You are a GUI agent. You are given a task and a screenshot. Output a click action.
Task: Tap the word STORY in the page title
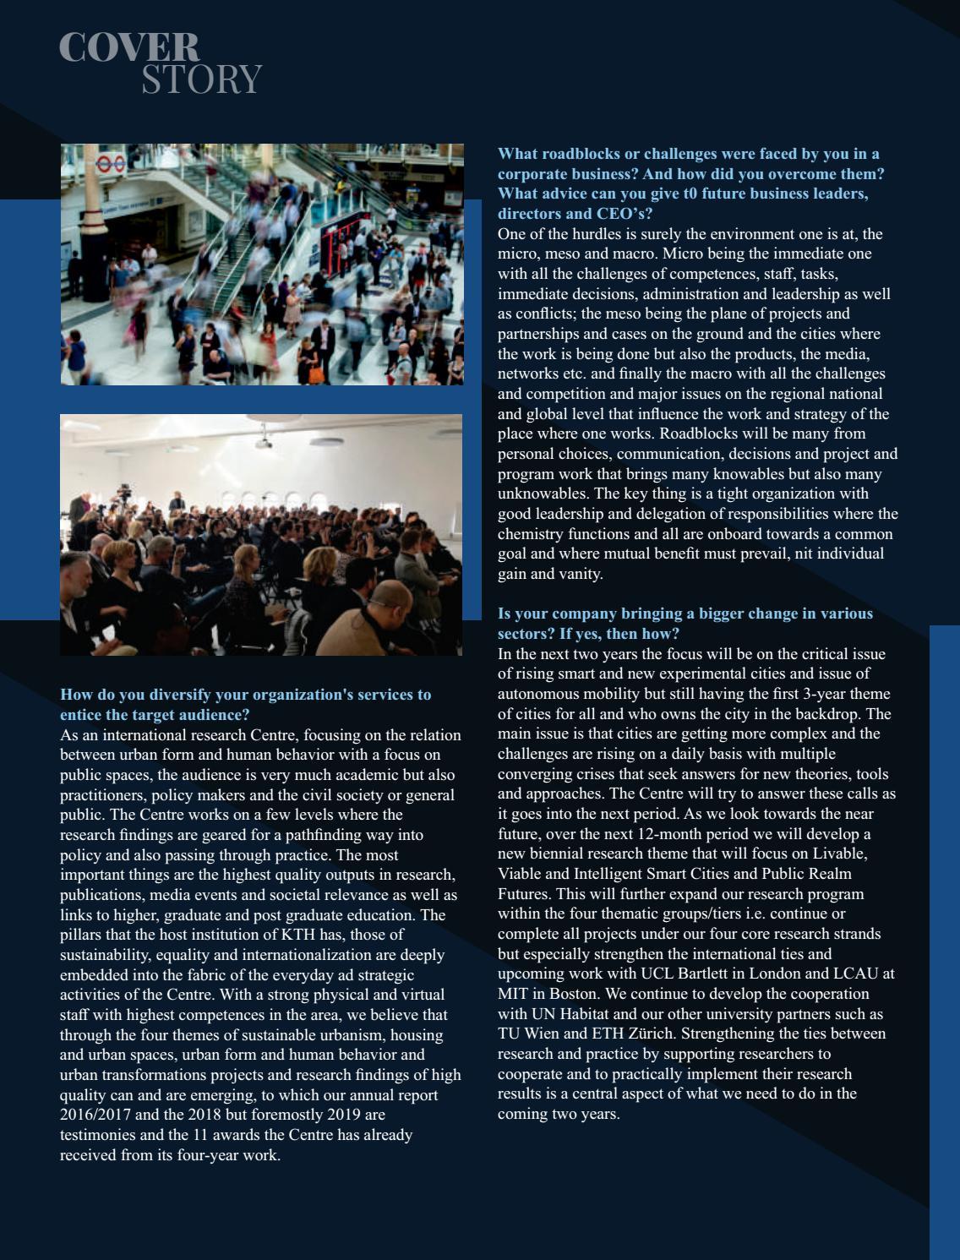(201, 79)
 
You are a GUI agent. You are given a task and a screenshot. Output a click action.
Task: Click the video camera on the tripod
(125, 492)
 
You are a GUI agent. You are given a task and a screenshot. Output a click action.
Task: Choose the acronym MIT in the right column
(512, 994)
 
